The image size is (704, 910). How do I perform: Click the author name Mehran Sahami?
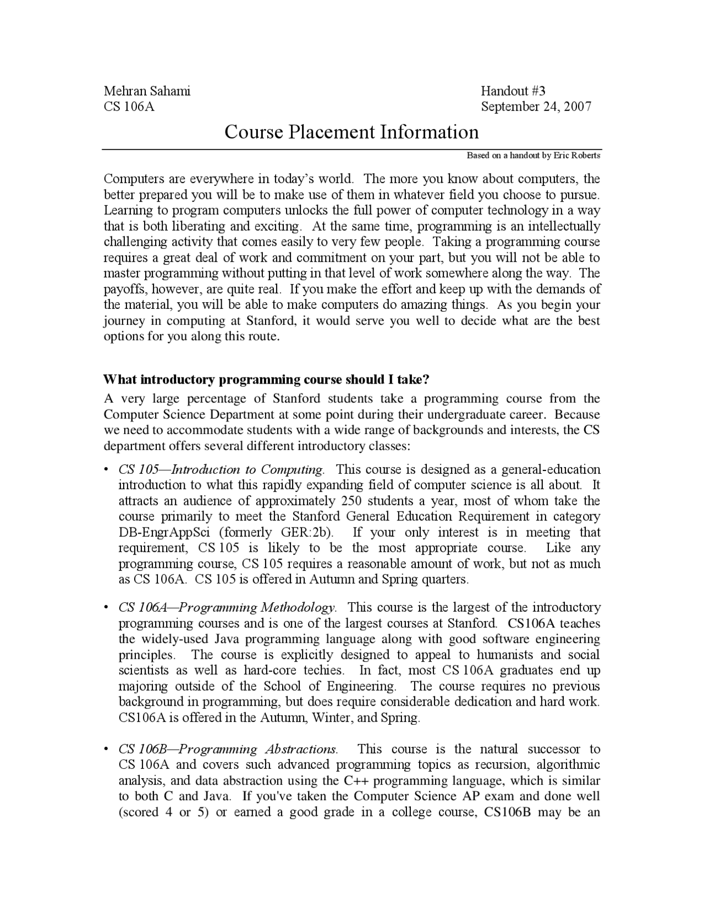click(x=147, y=91)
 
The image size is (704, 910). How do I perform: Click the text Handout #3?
click(x=513, y=91)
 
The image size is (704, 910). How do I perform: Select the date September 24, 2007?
click(x=536, y=107)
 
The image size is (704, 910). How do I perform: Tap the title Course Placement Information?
click(x=351, y=132)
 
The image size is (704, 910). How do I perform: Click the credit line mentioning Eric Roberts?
click(x=533, y=156)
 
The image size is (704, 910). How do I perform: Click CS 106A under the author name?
click(x=129, y=107)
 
